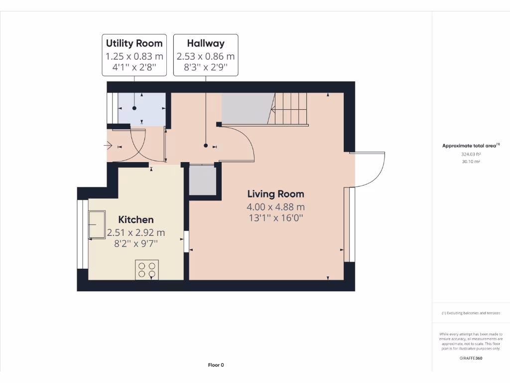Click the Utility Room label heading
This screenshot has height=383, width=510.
coord(134,43)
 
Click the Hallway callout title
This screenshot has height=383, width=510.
coord(205,43)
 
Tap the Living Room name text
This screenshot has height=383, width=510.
coord(275,194)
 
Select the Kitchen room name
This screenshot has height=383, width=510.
coord(135,219)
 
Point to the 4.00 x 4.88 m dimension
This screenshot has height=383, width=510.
coord(275,206)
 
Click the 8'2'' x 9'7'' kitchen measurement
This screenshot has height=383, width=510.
coord(135,243)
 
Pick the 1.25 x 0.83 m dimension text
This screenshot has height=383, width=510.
coord(134,56)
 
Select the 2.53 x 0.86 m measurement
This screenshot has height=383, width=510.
coord(205,56)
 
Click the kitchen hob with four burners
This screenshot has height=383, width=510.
coord(146,270)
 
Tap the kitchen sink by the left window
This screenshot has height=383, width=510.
coord(97,225)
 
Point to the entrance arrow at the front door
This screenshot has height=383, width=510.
coord(108,146)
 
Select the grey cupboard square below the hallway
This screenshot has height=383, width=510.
coord(203,180)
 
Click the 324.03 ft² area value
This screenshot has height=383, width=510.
coord(471,154)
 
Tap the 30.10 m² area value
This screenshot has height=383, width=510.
coord(471,162)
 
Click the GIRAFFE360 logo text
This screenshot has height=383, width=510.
coord(471,358)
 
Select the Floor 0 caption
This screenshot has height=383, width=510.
coord(216,365)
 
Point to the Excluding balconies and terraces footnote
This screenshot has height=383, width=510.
coord(471,313)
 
